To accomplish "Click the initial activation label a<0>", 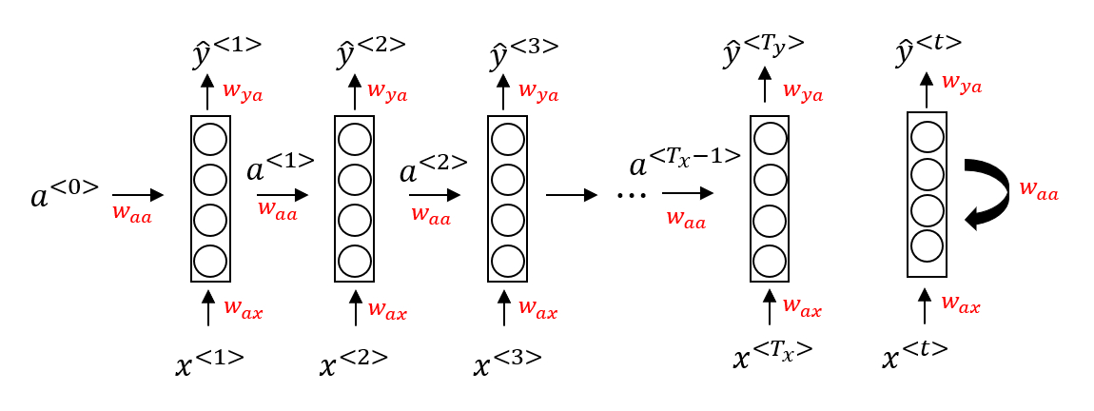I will pos(65,194).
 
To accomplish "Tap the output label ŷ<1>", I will pos(226,52).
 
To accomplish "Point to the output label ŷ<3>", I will pos(522,52).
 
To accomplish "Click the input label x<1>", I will pos(209,362).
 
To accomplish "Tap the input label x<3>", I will pos(508,362).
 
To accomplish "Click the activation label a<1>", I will pos(280,168).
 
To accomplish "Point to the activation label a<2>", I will pos(433,168).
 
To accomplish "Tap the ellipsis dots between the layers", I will pos(632,195).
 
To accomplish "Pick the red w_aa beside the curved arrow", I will pos(1039,190).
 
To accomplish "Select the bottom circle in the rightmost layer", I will pos(927,245).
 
